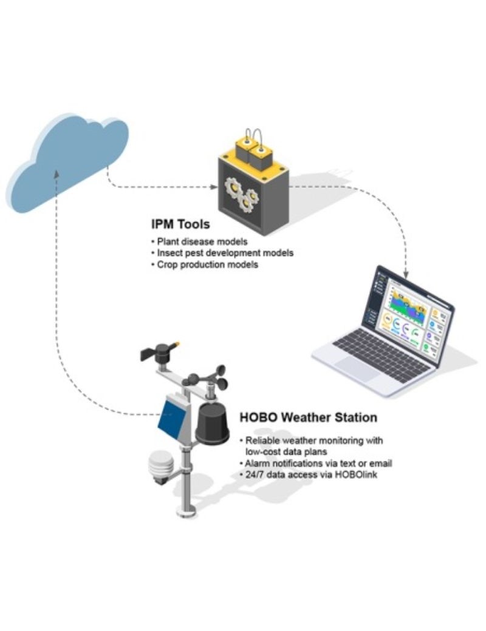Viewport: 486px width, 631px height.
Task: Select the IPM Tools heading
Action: click(180, 224)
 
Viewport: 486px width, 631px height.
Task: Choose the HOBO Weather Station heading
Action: click(308, 417)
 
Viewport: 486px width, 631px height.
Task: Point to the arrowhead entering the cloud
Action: click(56, 174)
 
